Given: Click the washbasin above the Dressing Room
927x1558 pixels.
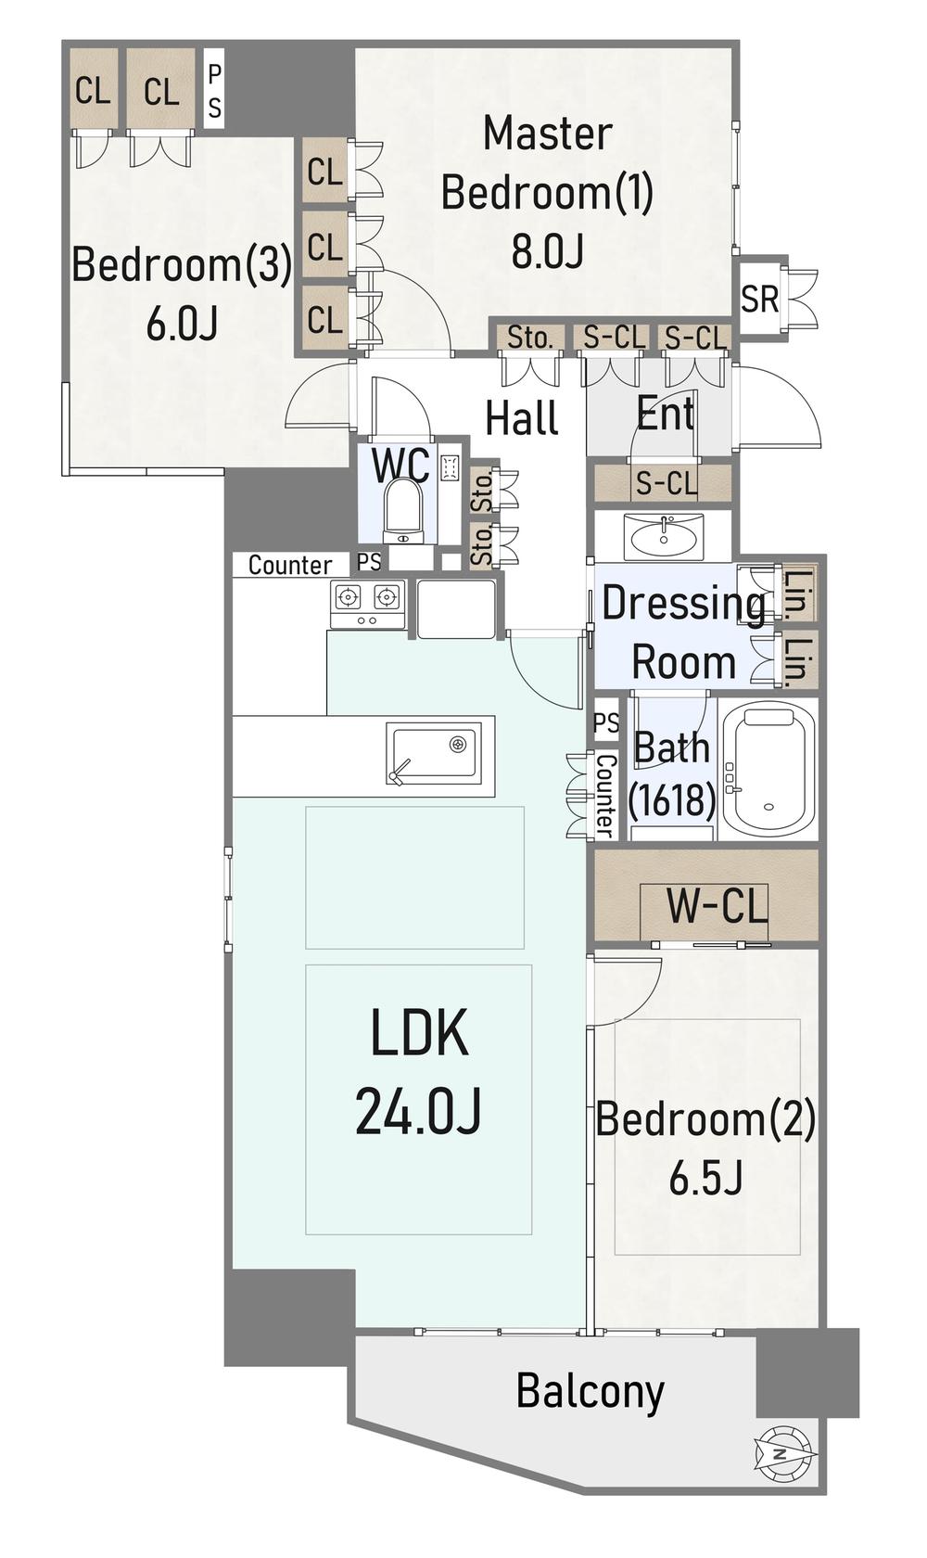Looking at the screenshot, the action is [x=664, y=537].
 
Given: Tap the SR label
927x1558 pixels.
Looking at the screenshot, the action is [x=759, y=300].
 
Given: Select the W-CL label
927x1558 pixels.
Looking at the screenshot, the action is [x=717, y=905].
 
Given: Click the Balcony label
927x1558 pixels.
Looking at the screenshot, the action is [x=590, y=1391].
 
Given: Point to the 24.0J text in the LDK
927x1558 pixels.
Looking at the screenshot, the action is [x=418, y=1111].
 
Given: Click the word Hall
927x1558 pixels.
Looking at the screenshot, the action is [x=522, y=418].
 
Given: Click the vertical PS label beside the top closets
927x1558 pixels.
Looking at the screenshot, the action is [x=214, y=91].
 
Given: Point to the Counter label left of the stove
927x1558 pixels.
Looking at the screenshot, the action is [x=290, y=565].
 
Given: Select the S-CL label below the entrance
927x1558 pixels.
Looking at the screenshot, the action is [x=666, y=482].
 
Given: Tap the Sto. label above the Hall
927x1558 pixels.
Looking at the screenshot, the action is [x=530, y=338].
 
